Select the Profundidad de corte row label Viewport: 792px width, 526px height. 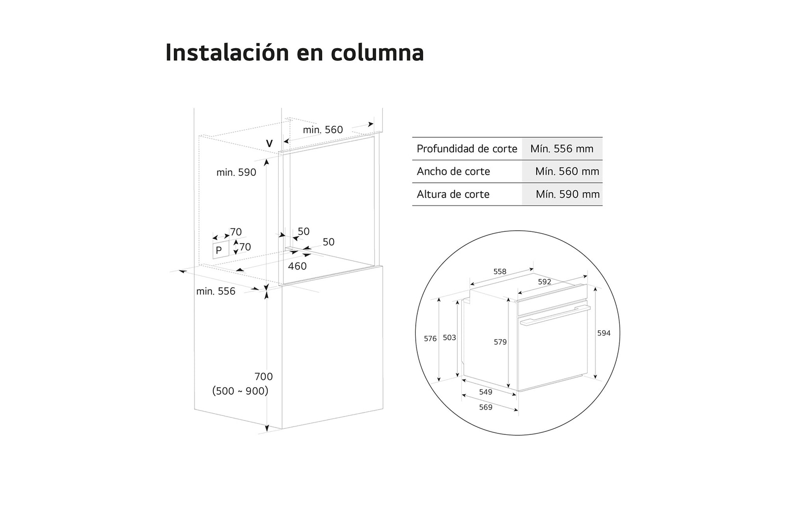(x=467, y=149)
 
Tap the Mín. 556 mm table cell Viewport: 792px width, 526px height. (x=562, y=149)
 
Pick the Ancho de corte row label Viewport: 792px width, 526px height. (x=453, y=171)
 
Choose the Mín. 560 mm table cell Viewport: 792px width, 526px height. (x=567, y=171)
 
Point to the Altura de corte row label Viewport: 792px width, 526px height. (x=453, y=194)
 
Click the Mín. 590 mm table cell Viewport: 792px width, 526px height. (x=567, y=194)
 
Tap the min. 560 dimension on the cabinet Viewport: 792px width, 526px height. (x=323, y=130)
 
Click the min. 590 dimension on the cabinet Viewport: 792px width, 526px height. (x=236, y=172)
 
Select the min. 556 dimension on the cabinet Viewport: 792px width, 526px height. (x=216, y=291)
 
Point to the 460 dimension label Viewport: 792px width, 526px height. (x=297, y=266)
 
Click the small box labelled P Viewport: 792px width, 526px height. (x=219, y=250)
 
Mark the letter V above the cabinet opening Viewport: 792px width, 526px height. (x=269, y=144)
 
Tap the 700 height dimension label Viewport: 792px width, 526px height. (x=263, y=376)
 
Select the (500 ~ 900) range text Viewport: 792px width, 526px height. (x=240, y=391)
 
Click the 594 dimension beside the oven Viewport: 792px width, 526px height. (x=603, y=333)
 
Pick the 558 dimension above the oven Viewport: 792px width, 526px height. (x=500, y=271)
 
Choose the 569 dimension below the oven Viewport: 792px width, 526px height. (x=486, y=407)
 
